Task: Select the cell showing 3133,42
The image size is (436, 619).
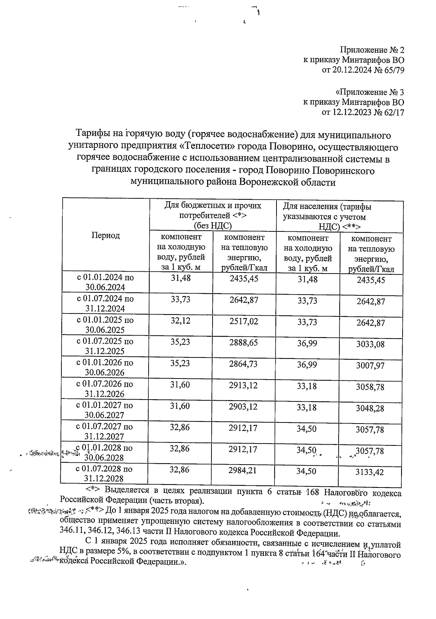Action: pos(370,473)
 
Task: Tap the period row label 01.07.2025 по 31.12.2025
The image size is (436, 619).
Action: pos(105,346)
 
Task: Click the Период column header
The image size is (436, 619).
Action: pos(105,235)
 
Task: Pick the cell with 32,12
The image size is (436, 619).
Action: pos(180,321)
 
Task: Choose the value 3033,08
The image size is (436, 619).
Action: pos(370,344)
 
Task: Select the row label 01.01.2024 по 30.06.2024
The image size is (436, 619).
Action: pos(105,282)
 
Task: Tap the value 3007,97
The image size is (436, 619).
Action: pos(370,365)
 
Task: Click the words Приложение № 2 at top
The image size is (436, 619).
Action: pos(372,50)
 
